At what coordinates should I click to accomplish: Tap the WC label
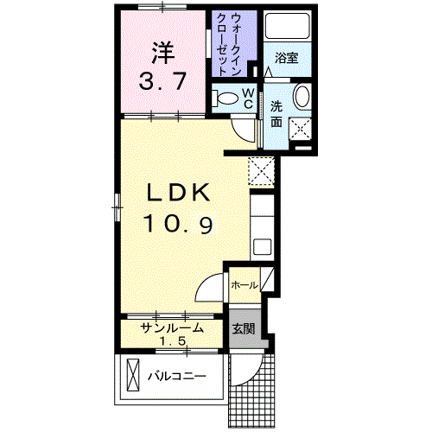tap(247, 98)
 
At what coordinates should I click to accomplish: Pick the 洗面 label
tap(276, 114)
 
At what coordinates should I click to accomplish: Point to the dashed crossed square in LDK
tap(260, 170)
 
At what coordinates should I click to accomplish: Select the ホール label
tap(243, 283)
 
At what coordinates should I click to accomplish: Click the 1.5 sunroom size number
tap(173, 341)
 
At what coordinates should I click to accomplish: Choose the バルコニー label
tap(176, 377)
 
